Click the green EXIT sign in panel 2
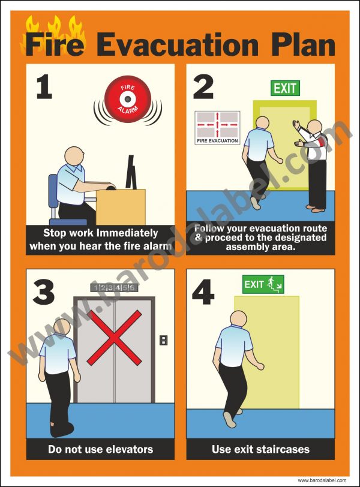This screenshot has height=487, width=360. click(x=284, y=88)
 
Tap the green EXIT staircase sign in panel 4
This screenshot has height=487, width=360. click(x=263, y=284)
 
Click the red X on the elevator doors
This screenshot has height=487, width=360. click(x=114, y=338)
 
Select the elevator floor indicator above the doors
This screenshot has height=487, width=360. click(x=114, y=287)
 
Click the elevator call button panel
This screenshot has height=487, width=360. click(x=163, y=341)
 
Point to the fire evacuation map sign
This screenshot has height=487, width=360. click(x=217, y=127)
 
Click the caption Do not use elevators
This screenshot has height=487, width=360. click(x=100, y=449)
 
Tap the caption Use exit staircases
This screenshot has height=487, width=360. click(x=260, y=449)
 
